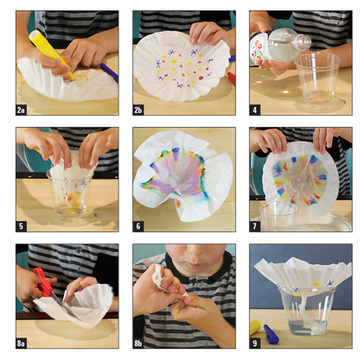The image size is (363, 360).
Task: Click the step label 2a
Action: pos(21,110)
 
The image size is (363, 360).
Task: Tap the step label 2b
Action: pos(138,110)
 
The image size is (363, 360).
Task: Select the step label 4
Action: pos(255,110)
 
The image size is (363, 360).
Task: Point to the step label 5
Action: pos(21,226)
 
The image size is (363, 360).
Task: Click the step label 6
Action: pos(138,226)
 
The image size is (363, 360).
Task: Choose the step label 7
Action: pos(255,226)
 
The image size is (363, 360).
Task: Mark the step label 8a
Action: pos(21,344)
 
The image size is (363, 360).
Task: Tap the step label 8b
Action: pos(138,344)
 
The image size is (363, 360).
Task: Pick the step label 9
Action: pos(255,344)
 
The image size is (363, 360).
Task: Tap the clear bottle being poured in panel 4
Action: pos(280,46)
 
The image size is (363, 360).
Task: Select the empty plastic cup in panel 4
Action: pos(317,79)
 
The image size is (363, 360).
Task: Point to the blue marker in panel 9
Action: pos(271,334)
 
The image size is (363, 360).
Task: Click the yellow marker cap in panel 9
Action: pos(255,327)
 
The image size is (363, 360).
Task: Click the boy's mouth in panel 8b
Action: pos(196,264)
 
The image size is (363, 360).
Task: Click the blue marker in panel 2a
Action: pos(109,73)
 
